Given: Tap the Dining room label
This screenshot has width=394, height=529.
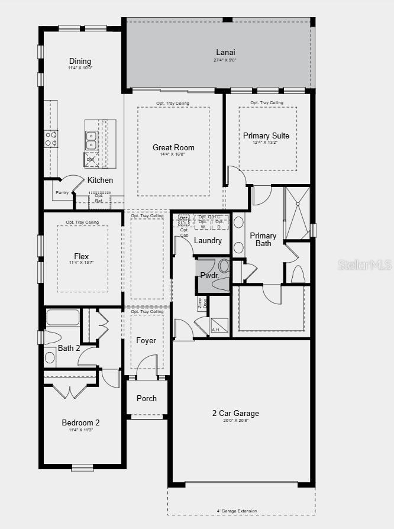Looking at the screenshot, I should (x=80, y=61).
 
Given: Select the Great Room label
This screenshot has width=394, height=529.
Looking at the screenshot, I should (x=173, y=147).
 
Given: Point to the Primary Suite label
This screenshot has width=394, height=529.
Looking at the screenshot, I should (x=266, y=136).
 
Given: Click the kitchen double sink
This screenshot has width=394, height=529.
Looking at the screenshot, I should (x=92, y=140).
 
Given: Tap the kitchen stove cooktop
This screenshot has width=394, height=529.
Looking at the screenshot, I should (x=51, y=138).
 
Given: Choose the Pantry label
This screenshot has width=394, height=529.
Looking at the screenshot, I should (x=62, y=192).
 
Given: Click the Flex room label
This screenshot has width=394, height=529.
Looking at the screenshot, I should (x=82, y=256).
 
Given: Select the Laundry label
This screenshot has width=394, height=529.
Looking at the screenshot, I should (x=208, y=240).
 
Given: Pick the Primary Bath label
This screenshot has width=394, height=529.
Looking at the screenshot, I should (x=263, y=239).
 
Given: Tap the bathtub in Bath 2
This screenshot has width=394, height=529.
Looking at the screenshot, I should (x=62, y=318).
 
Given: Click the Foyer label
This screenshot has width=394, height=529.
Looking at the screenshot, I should (x=146, y=340).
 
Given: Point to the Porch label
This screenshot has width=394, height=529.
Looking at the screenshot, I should (x=147, y=398).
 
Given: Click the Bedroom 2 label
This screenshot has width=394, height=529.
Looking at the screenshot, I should (x=80, y=422).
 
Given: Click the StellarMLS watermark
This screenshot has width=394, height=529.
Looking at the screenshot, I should (x=364, y=264).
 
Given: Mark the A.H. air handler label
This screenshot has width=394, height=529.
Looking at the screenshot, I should (x=217, y=330).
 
